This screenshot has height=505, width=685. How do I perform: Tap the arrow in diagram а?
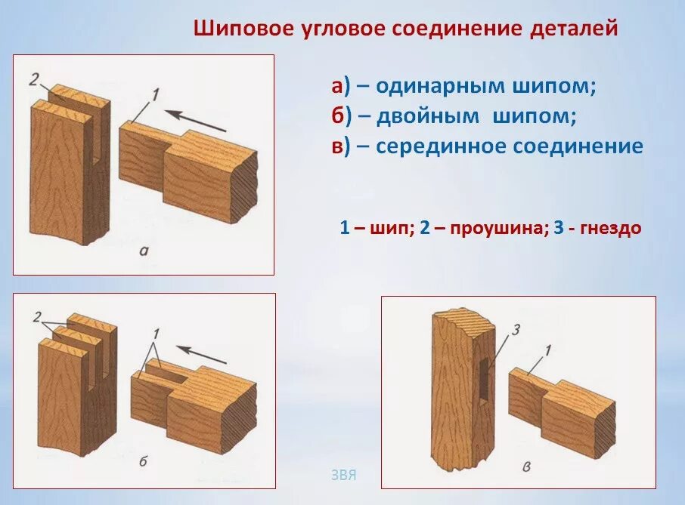(195, 120)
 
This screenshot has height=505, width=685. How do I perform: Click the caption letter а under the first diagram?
(144, 251)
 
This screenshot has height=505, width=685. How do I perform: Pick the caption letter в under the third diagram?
(526, 466)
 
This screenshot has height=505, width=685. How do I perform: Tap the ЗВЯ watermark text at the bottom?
(343, 476)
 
